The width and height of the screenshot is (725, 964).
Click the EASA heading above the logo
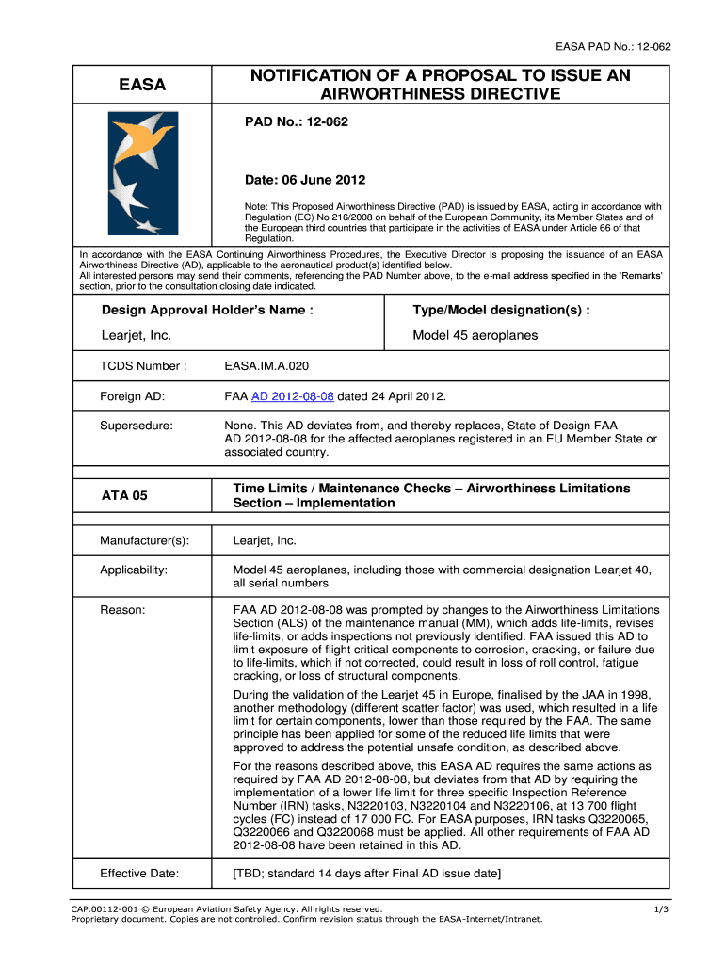click(141, 86)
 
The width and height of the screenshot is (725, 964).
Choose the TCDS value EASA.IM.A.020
click(266, 365)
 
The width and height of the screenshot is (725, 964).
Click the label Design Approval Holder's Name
click(207, 311)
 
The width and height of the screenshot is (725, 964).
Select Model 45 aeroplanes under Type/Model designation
click(475, 336)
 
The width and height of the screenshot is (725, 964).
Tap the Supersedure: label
click(137, 426)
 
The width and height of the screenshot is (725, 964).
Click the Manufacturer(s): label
click(144, 540)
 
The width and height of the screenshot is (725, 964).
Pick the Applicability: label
click(134, 570)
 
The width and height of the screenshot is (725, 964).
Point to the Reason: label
click(122, 610)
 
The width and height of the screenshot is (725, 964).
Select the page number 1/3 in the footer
click(661, 909)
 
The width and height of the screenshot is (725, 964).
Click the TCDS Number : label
click(143, 365)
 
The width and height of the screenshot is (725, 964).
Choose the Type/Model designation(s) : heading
click(501, 311)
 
